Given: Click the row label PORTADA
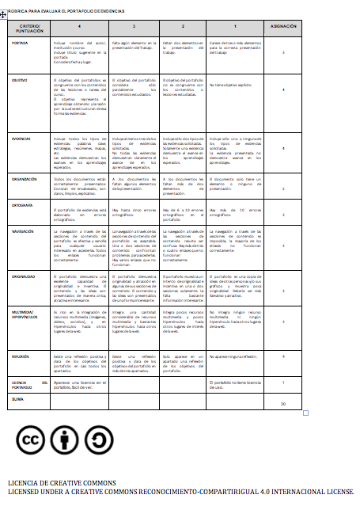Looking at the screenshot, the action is pyautogui.click(x=21, y=43).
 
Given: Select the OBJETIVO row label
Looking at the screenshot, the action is pyautogui.click(x=21, y=81).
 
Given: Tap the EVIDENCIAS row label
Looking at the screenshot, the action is pyautogui.click(x=23, y=138).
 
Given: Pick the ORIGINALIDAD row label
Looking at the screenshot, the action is pyautogui.click(x=25, y=277).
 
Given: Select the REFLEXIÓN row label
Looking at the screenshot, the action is pyautogui.click(x=22, y=358).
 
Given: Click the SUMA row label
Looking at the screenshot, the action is pyautogui.click(x=18, y=399).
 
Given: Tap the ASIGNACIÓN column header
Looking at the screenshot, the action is pyautogui.click(x=283, y=26).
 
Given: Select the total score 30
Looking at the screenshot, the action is pyautogui.click(x=283, y=404).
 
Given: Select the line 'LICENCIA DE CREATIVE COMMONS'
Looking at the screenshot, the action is pyautogui.click(x=63, y=483).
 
